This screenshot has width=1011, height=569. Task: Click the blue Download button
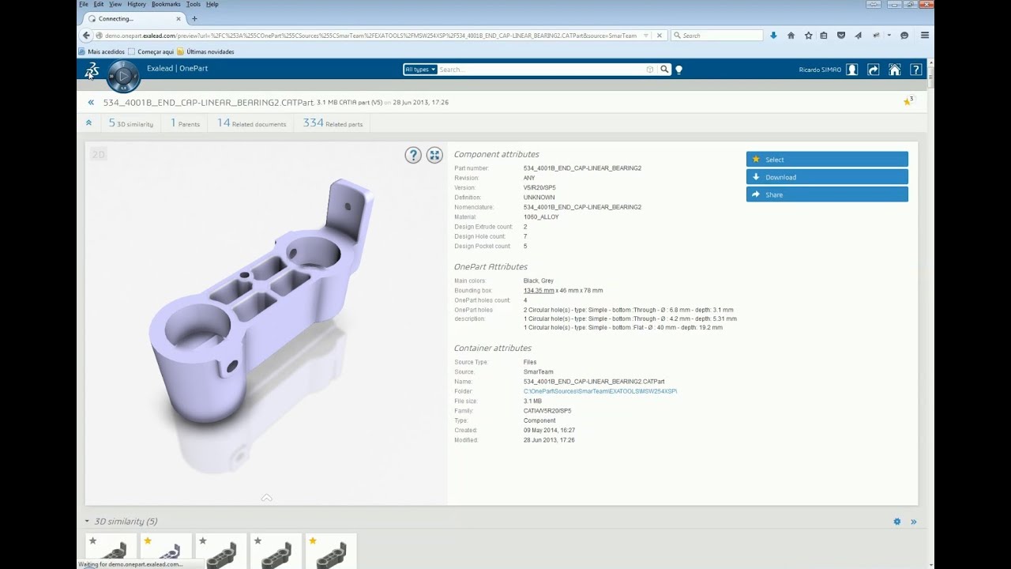(826, 177)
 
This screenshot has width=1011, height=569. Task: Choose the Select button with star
(826, 160)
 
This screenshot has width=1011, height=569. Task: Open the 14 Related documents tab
(251, 123)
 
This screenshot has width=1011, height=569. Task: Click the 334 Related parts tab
(333, 123)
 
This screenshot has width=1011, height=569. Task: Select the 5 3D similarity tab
(130, 123)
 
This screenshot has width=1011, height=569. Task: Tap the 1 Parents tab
(185, 123)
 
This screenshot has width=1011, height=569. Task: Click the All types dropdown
(419, 70)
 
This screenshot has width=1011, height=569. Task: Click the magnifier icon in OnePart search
(664, 70)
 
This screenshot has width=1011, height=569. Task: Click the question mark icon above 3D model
(413, 155)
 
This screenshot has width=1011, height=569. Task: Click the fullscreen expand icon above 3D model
(434, 155)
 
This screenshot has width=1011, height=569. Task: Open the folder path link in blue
(599, 391)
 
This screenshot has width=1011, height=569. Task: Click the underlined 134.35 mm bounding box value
(538, 291)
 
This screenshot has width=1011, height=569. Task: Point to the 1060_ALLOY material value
(540, 217)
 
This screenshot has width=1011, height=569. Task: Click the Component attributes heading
(496, 154)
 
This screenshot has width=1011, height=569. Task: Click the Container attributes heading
(492, 348)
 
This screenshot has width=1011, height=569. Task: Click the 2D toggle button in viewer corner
(98, 154)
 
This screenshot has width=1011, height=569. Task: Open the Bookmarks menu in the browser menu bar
(166, 4)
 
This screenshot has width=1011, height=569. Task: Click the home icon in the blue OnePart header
(894, 70)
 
